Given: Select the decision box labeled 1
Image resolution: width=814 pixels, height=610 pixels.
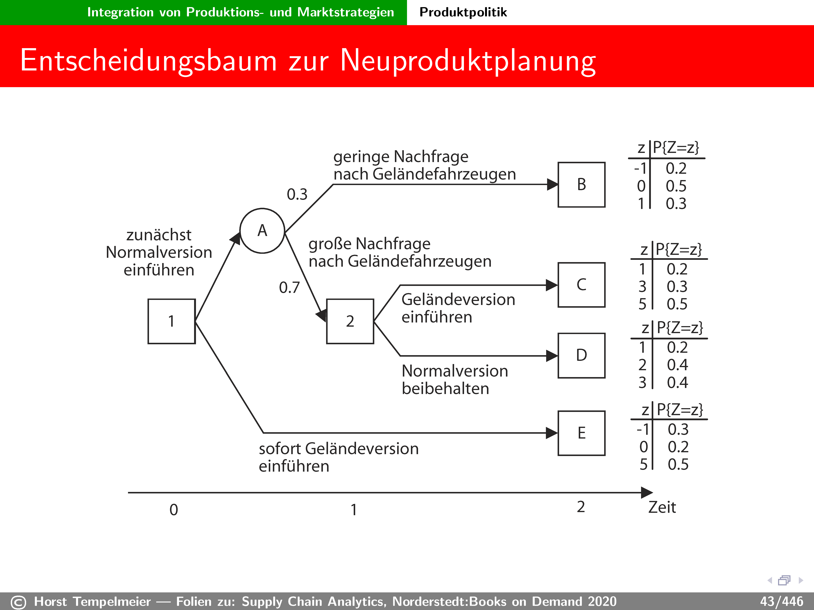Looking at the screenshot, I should coord(171,321).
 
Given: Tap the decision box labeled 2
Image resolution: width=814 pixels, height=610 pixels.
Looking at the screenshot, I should coord(350,321).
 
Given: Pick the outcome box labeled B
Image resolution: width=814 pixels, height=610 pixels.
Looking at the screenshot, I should coord(581,185).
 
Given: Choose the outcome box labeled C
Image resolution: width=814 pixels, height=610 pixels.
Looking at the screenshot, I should coord(581,285).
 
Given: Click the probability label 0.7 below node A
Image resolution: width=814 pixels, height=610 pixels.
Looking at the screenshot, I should coord(289,288).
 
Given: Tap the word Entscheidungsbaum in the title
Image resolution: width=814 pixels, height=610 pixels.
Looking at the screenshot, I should coord(148,61).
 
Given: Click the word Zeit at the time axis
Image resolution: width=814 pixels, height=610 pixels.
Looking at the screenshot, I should coord(662,507).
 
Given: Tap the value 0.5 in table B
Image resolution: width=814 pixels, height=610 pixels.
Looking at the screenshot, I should coord(676,186).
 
